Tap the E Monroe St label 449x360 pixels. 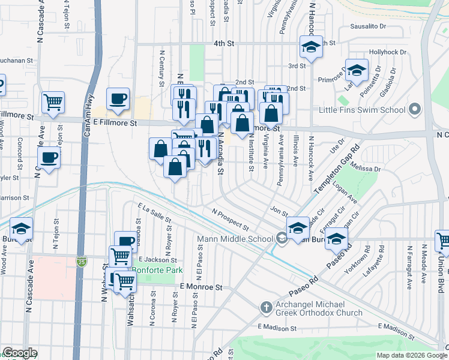201,287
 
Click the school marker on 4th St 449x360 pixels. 311,47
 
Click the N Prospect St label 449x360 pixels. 231,219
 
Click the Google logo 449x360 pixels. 20,353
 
